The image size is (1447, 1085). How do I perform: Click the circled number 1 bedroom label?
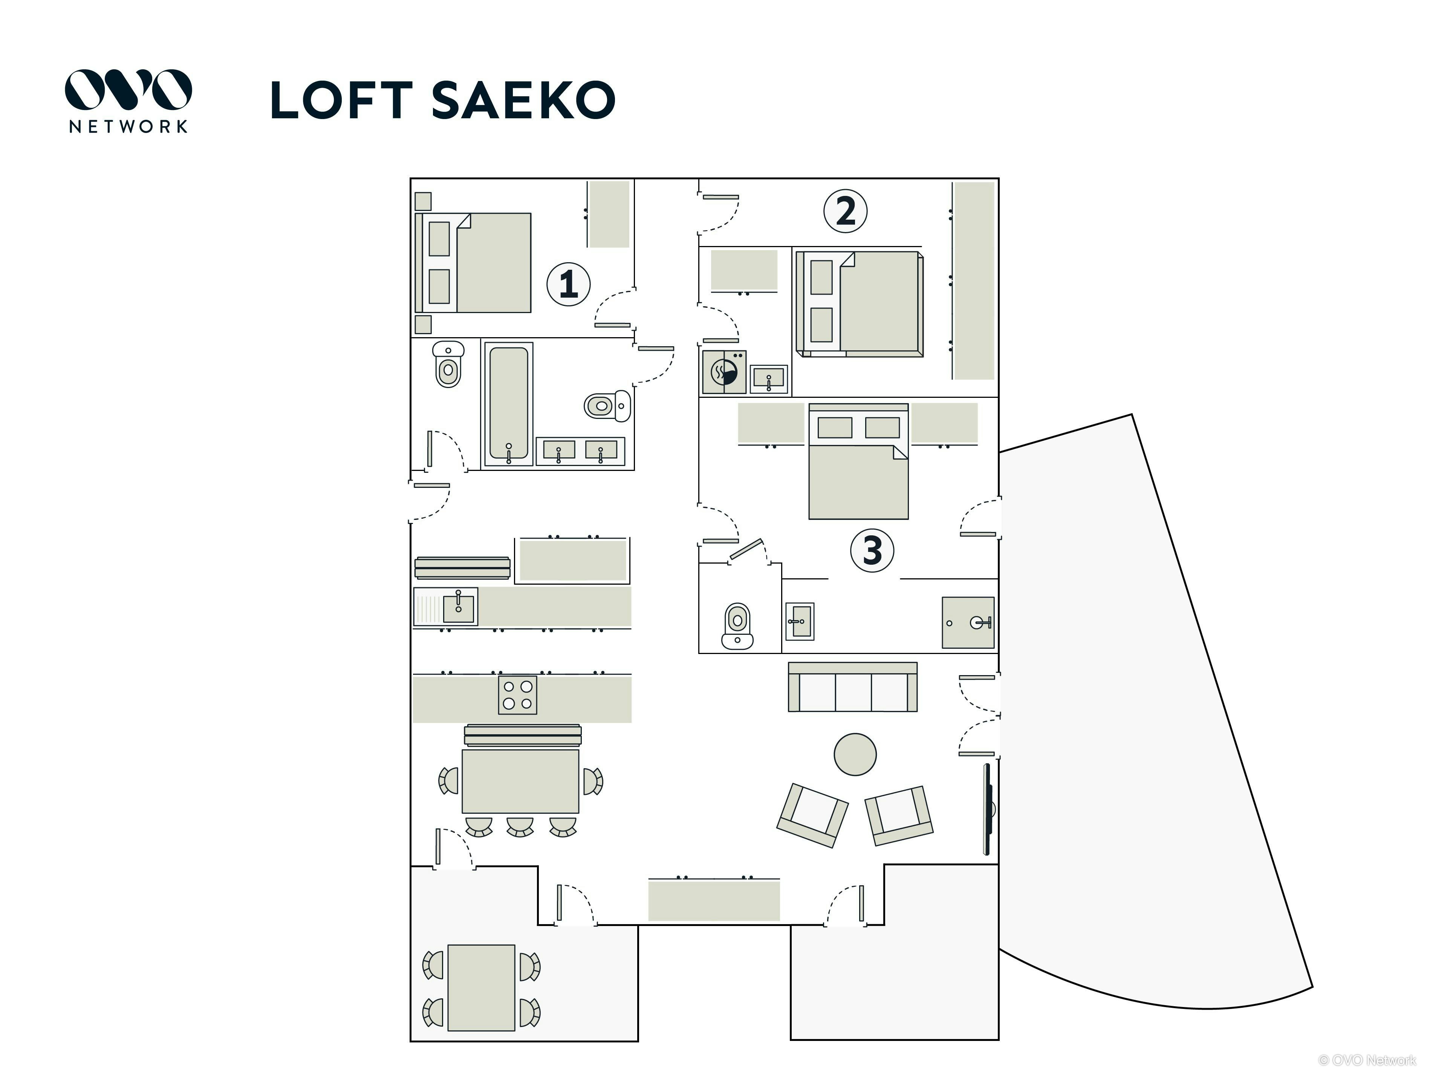tap(569, 284)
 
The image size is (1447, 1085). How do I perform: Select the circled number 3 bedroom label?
tap(872, 550)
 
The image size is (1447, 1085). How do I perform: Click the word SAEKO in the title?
tap(523, 100)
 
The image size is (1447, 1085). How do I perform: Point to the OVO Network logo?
tap(128, 101)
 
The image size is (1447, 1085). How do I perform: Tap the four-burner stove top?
tap(517, 695)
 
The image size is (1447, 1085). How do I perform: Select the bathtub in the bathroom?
tap(508, 403)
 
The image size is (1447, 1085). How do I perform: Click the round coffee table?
tap(855, 754)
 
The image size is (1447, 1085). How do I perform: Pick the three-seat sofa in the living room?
tap(852, 687)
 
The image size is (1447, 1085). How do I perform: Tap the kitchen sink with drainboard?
tap(445, 606)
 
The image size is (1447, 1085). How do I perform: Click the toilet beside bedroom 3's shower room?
tap(737, 625)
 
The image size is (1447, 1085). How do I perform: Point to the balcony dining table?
tap(482, 987)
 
